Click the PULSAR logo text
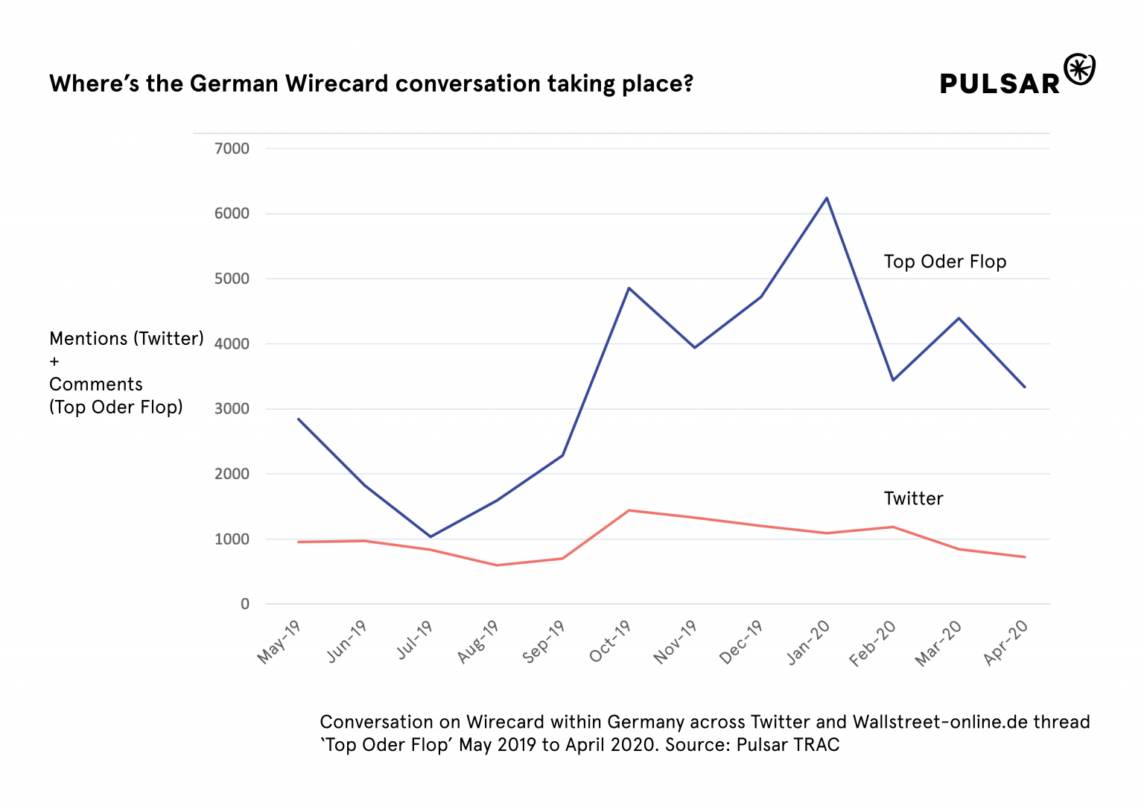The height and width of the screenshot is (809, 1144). point(1000,83)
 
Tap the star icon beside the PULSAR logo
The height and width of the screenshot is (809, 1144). point(1079,69)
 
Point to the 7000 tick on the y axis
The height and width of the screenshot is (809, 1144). point(232,148)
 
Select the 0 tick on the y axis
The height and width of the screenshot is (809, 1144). point(244,604)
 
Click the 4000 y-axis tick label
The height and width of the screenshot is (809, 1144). point(232,344)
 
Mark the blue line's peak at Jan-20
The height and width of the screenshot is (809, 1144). point(827,198)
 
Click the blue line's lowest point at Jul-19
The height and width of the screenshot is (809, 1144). point(430,536)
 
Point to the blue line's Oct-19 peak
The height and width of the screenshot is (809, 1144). point(629,288)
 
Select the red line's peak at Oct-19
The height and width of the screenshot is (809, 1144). point(629,510)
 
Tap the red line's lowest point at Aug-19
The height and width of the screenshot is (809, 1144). point(497,565)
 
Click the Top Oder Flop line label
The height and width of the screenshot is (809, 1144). point(944,261)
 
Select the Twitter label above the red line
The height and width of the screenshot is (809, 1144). point(913,498)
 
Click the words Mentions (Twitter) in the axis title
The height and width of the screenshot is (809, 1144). point(126,338)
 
